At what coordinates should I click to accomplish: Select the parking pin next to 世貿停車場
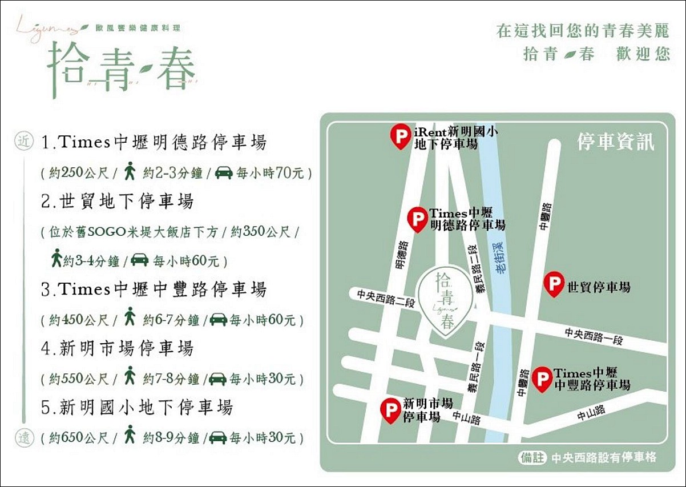tap(554, 284)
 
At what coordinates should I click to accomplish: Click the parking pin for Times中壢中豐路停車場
tap(542, 379)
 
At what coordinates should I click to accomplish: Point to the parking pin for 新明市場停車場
tap(391, 409)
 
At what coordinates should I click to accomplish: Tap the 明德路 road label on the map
tap(402, 256)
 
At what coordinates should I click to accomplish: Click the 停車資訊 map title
tap(615, 142)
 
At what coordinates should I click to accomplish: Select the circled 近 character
tap(23, 142)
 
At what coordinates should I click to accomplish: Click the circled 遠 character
tap(23, 438)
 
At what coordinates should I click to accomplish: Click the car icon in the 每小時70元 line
tap(223, 172)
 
